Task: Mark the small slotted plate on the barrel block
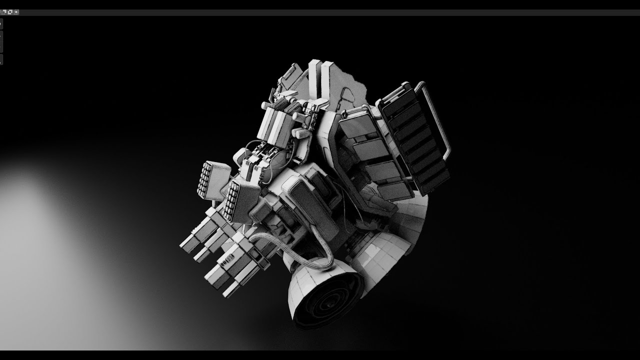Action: point(227,260)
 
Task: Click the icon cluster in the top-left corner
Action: point(9,11)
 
